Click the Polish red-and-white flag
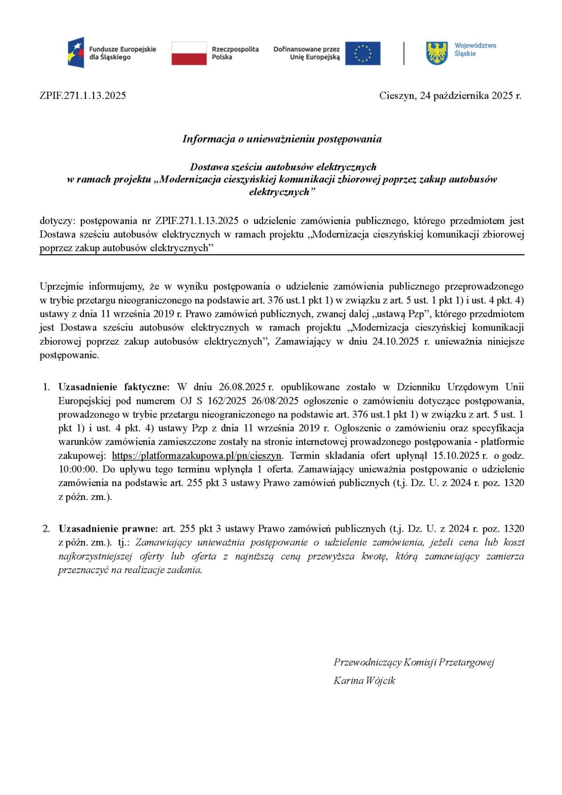point(189,53)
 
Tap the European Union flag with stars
point(363,53)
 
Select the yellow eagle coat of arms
point(437,53)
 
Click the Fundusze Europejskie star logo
point(76,52)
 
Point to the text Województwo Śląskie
point(475,49)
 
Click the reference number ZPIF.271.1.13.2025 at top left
point(83,96)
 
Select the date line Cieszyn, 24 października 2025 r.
point(450,96)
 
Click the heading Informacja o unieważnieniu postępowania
point(282,139)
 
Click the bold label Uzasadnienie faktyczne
point(114,387)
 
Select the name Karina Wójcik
point(364,680)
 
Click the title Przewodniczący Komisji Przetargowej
point(414,662)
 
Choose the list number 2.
point(46,529)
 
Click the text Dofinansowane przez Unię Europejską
point(306,53)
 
